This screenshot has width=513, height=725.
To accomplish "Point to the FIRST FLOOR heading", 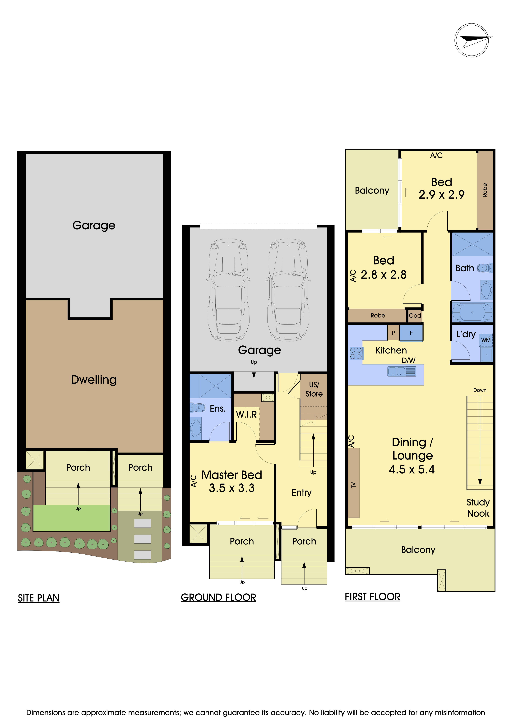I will click(372, 597).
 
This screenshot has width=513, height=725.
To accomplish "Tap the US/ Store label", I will click(314, 389).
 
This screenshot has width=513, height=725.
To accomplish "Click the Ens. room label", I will click(218, 409).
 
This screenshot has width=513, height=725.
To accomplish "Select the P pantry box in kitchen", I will click(393, 333).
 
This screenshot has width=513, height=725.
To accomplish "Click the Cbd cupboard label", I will click(415, 315).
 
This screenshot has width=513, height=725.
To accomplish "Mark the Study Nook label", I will click(478, 508).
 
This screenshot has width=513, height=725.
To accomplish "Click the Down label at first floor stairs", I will click(480, 390).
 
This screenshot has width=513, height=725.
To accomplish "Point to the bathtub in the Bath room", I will click(472, 312).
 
